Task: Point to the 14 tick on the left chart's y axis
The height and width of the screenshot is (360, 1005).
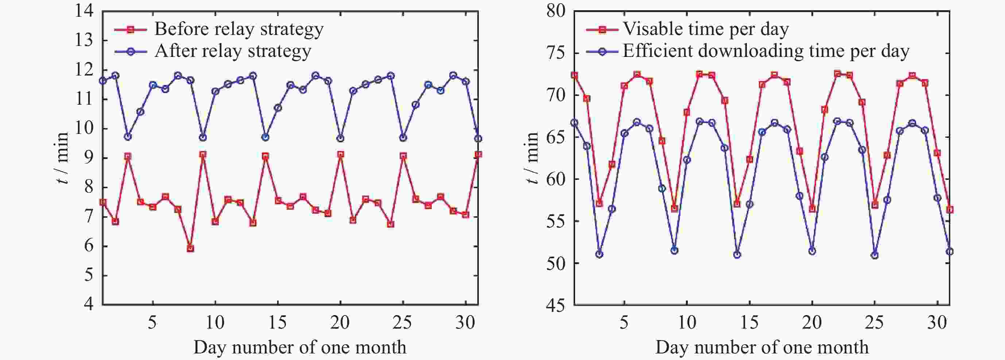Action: pyautogui.click(x=85, y=11)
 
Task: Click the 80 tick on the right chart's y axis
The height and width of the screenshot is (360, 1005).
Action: pyautogui.click(x=556, y=11)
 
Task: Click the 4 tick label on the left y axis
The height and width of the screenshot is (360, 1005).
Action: pyautogui.click(x=89, y=305)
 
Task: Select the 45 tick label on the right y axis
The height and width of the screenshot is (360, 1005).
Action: pyautogui.click(x=556, y=305)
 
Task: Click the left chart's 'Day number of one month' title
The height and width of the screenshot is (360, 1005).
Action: pyautogui.click(x=300, y=347)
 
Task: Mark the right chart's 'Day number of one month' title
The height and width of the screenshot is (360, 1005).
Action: pyautogui.click(x=762, y=347)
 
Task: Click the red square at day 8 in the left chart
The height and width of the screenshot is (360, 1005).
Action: pyautogui.click(x=190, y=248)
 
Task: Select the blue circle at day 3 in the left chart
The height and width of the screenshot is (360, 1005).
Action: pyautogui.click(x=128, y=136)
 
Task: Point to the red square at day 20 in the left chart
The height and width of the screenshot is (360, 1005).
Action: pyautogui.click(x=341, y=154)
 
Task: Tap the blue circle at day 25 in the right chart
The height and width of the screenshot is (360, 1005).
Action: pyautogui.click(x=875, y=255)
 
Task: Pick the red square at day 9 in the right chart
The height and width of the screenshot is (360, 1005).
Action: pyautogui.click(x=674, y=209)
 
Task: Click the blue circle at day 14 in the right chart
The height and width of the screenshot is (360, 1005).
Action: pyautogui.click(x=737, y=255)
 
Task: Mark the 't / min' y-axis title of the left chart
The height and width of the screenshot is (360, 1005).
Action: pyautogui.click(x=62, y=158)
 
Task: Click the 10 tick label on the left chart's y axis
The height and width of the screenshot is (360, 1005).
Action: pyautogui.click(x=85, y=128)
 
